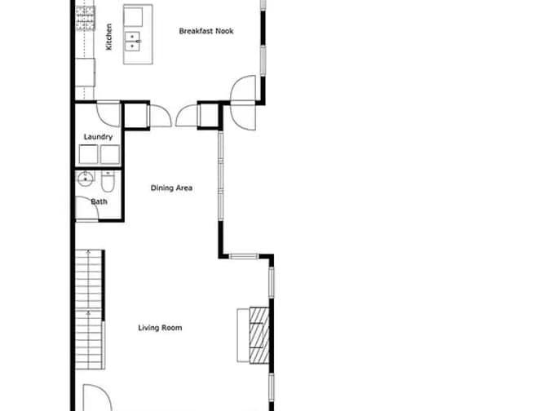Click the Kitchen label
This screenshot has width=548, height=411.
[109, 37]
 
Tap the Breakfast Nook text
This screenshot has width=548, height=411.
[206, 31]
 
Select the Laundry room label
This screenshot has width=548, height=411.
[98, 137]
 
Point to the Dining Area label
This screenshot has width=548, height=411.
[171, 188]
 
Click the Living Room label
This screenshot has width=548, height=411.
[160, 328]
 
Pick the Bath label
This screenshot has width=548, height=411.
[99, 201]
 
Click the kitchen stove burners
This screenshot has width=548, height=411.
[86, 18]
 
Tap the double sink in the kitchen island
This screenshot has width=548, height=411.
[133, 42]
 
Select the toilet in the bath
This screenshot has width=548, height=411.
[108, 182]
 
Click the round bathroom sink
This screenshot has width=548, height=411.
[85, 179]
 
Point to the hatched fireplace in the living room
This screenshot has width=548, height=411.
[259, 335]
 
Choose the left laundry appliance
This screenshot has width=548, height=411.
[88, 155]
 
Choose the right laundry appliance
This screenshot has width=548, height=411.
[110, 155]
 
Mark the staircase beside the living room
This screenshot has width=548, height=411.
[90, 310]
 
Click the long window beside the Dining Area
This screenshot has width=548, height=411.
[220, 175]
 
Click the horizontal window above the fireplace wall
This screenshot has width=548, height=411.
[244, 257]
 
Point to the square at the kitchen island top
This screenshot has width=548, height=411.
[133, 16]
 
